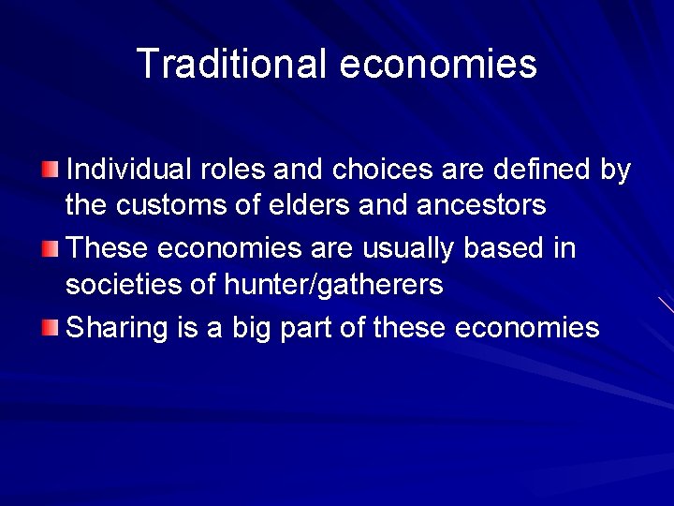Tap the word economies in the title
pyautogui.click(x=438, y=65)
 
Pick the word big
pyautogui.click(x=248, y=328)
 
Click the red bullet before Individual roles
pyautogui.click(x=50, y=170)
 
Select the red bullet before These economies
pyautogui.click(x=50, y=249)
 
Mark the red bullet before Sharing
pyautogui.click(x=50, y=327)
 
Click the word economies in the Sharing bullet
pyautogui.click(x=527, y=327)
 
